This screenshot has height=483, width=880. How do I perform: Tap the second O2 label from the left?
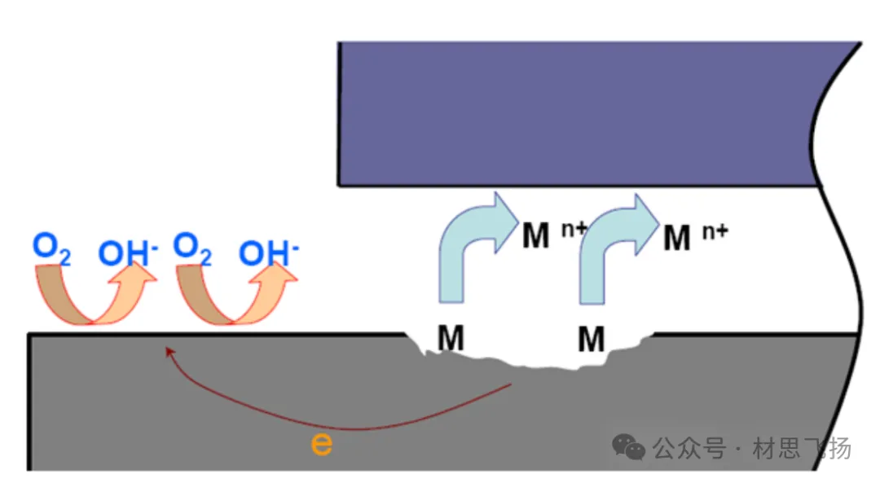pos(193,249)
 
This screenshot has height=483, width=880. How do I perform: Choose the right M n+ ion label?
pos(693,237)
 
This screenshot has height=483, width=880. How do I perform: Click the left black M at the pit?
pos(451,339)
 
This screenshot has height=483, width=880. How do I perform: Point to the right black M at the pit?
pos(592,339)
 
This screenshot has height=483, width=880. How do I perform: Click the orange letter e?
pos(322,445)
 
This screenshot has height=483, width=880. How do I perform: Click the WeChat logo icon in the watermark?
pos(629,446)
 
